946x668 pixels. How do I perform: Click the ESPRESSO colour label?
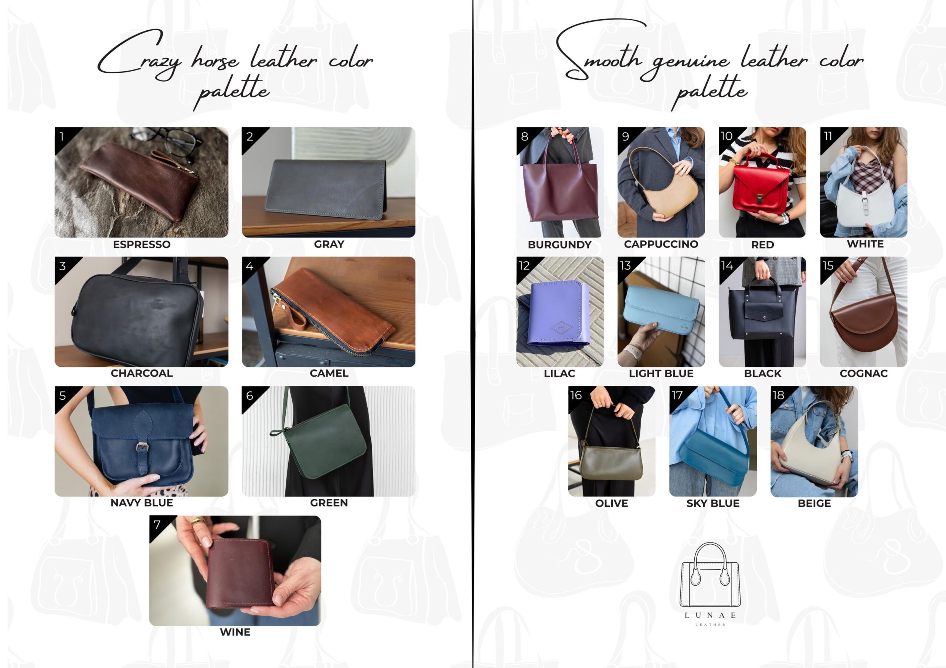[x=142, y=244]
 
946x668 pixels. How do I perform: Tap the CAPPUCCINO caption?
[x=661, y=244]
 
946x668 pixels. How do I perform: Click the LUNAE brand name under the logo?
[x=710, y=615]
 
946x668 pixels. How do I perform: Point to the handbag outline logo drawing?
[x=710, y=575]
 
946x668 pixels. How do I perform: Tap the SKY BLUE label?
[x=713, y=503]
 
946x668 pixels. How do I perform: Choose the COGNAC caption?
[x=864, y=374]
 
